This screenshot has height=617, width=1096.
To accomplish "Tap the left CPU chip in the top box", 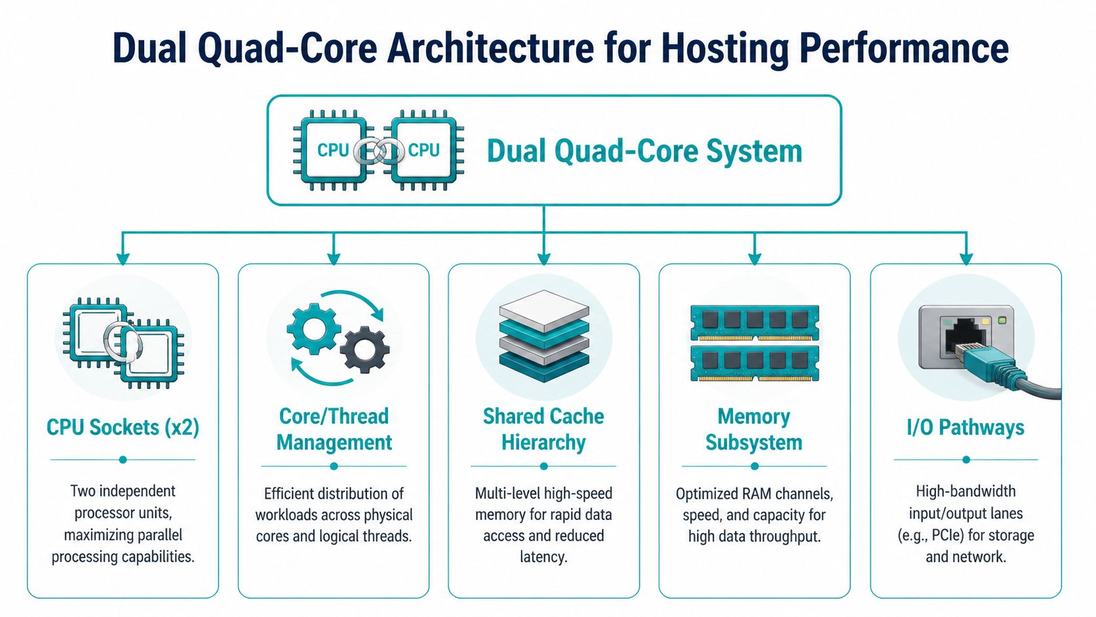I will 332,150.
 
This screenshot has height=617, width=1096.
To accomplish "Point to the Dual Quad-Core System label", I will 644,151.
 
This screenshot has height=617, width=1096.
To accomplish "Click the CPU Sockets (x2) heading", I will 123,428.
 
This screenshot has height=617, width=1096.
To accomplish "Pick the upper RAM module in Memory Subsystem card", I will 754,322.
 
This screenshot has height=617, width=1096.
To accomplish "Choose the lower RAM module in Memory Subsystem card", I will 754,363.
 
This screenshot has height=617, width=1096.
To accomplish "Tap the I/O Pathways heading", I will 965,428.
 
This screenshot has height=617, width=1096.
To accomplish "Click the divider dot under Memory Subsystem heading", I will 754,466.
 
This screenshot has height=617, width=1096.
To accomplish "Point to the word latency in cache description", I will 543,557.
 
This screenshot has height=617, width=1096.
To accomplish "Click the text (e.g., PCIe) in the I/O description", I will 931,536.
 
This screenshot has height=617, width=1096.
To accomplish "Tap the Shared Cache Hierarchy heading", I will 543,429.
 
